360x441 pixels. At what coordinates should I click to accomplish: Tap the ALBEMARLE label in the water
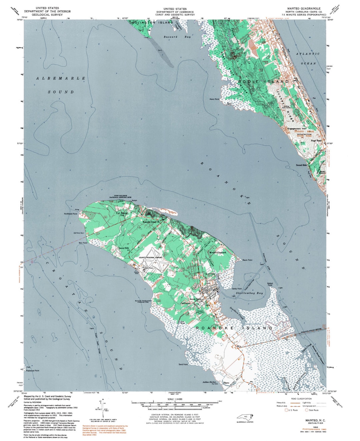click(x=61, y=78)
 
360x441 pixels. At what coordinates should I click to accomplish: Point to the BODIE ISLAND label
click(x=263, y=82)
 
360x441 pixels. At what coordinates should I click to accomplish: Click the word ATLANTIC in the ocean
click(x=308, y=54)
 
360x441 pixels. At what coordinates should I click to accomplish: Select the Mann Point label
click(x=214, y=99)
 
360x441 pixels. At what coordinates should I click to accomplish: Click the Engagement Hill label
click(x=294, y=128)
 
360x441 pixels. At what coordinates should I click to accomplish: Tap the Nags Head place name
click(x=316, y=141)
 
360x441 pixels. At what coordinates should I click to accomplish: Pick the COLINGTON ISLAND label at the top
click(x=153, y=23)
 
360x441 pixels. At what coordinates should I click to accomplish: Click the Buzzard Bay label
click(x=177, y=37)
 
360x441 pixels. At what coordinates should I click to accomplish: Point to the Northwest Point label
click(x=71, y=214)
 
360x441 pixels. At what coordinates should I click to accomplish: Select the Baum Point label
click(x=247, y=260)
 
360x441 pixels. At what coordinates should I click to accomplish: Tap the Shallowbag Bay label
click(x=249, y=293)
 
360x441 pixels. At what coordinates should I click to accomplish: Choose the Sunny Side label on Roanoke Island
click(x=124, y=248)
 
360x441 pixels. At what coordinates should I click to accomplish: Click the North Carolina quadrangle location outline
click(x=245, y=417)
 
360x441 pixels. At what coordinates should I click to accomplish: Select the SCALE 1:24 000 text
click(x=175, y=399)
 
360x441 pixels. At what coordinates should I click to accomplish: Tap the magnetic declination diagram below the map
click(x=103, y=409)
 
